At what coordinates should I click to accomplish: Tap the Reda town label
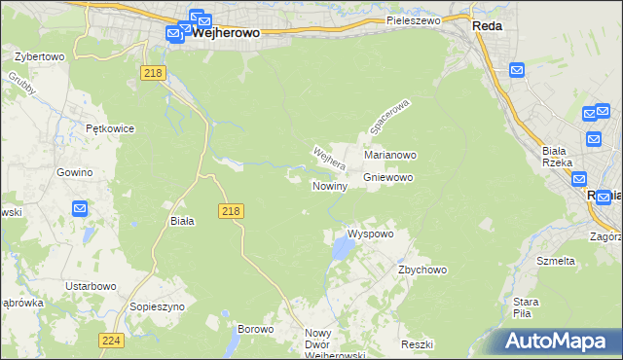click(486, 26)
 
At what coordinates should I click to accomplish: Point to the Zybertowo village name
click(40, 56)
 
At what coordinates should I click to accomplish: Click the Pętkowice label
click(109, 128)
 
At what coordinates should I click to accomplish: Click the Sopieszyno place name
click(154, 306)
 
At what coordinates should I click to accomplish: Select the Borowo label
click(255, 329)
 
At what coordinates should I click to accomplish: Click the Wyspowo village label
click(370, 234)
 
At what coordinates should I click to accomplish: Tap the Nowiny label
click(329, 186)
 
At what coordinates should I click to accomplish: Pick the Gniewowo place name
click(388, 178)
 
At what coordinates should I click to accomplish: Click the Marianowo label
click(390, 155)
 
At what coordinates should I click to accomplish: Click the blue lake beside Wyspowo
click(342, 251)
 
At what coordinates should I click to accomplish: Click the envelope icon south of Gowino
click(80, 208)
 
